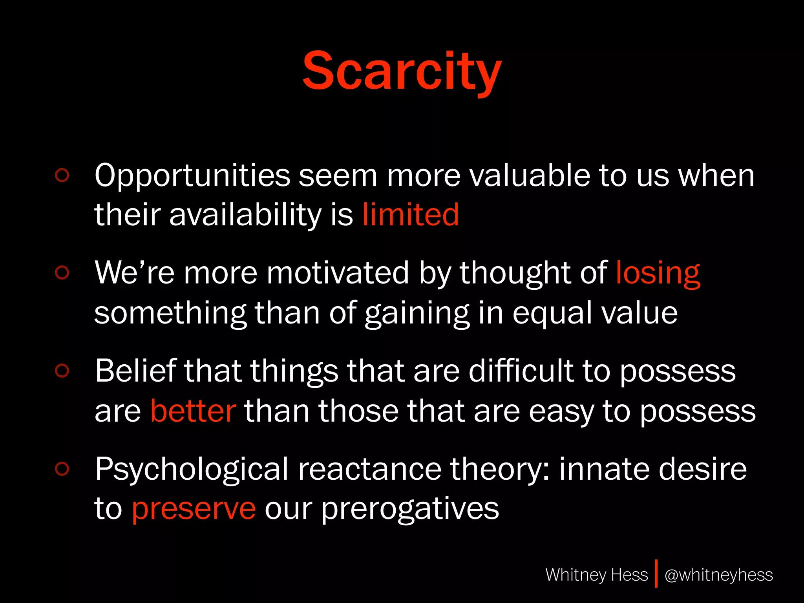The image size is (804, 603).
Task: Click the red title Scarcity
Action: [x=402, y=71]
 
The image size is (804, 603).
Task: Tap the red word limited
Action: [x=410, y=215]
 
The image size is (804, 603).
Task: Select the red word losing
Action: [x=658, y=273]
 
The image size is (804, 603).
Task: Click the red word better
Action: [x=193, y=411]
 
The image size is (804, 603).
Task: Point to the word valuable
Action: [x=530, y=175]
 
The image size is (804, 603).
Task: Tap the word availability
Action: [x=245, y=216]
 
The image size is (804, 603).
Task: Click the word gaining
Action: [x=417, y=314]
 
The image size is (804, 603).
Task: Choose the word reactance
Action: [x=369, y=470]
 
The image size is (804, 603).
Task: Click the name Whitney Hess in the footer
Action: [x=596, y=575]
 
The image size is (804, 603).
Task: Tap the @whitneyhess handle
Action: [x=718, y=575]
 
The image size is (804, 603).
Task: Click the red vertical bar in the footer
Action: [x=656, y=574]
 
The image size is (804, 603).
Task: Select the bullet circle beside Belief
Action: [x=62, y=371]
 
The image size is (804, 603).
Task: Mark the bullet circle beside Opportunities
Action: [x=62, y=175]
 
